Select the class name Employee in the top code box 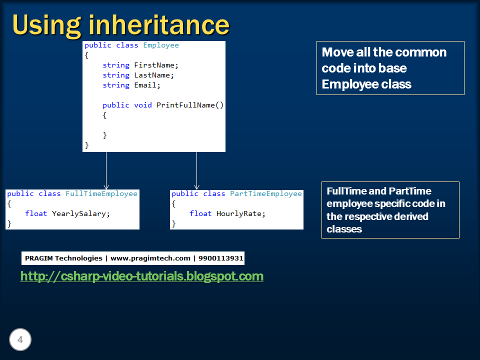[x=160, y=45]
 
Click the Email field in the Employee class [x=147, y=85]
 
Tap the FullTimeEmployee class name [x=101, y=193]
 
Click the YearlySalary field [x=80, y=213]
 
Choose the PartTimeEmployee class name [x=266, y=193]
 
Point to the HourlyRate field [x=240, y=213]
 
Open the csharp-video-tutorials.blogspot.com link [x=141, y=276]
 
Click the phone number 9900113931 [x=220, y=258]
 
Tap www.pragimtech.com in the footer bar [x=150, y=258]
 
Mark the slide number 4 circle [x=20, y=340]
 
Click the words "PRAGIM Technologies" [x=63, y=258]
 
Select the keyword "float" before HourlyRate [x=200, y=213]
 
